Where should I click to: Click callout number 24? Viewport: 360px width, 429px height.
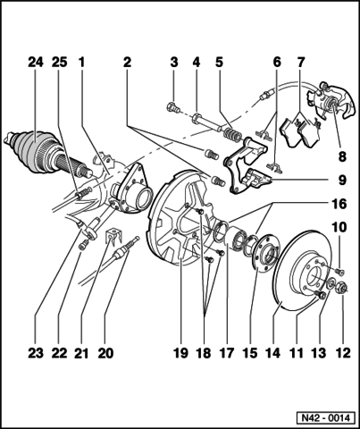(x=35, y=63)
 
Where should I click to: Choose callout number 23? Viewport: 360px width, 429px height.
(x=35, y=353)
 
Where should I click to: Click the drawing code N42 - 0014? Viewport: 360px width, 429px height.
(x=323, y=416)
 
